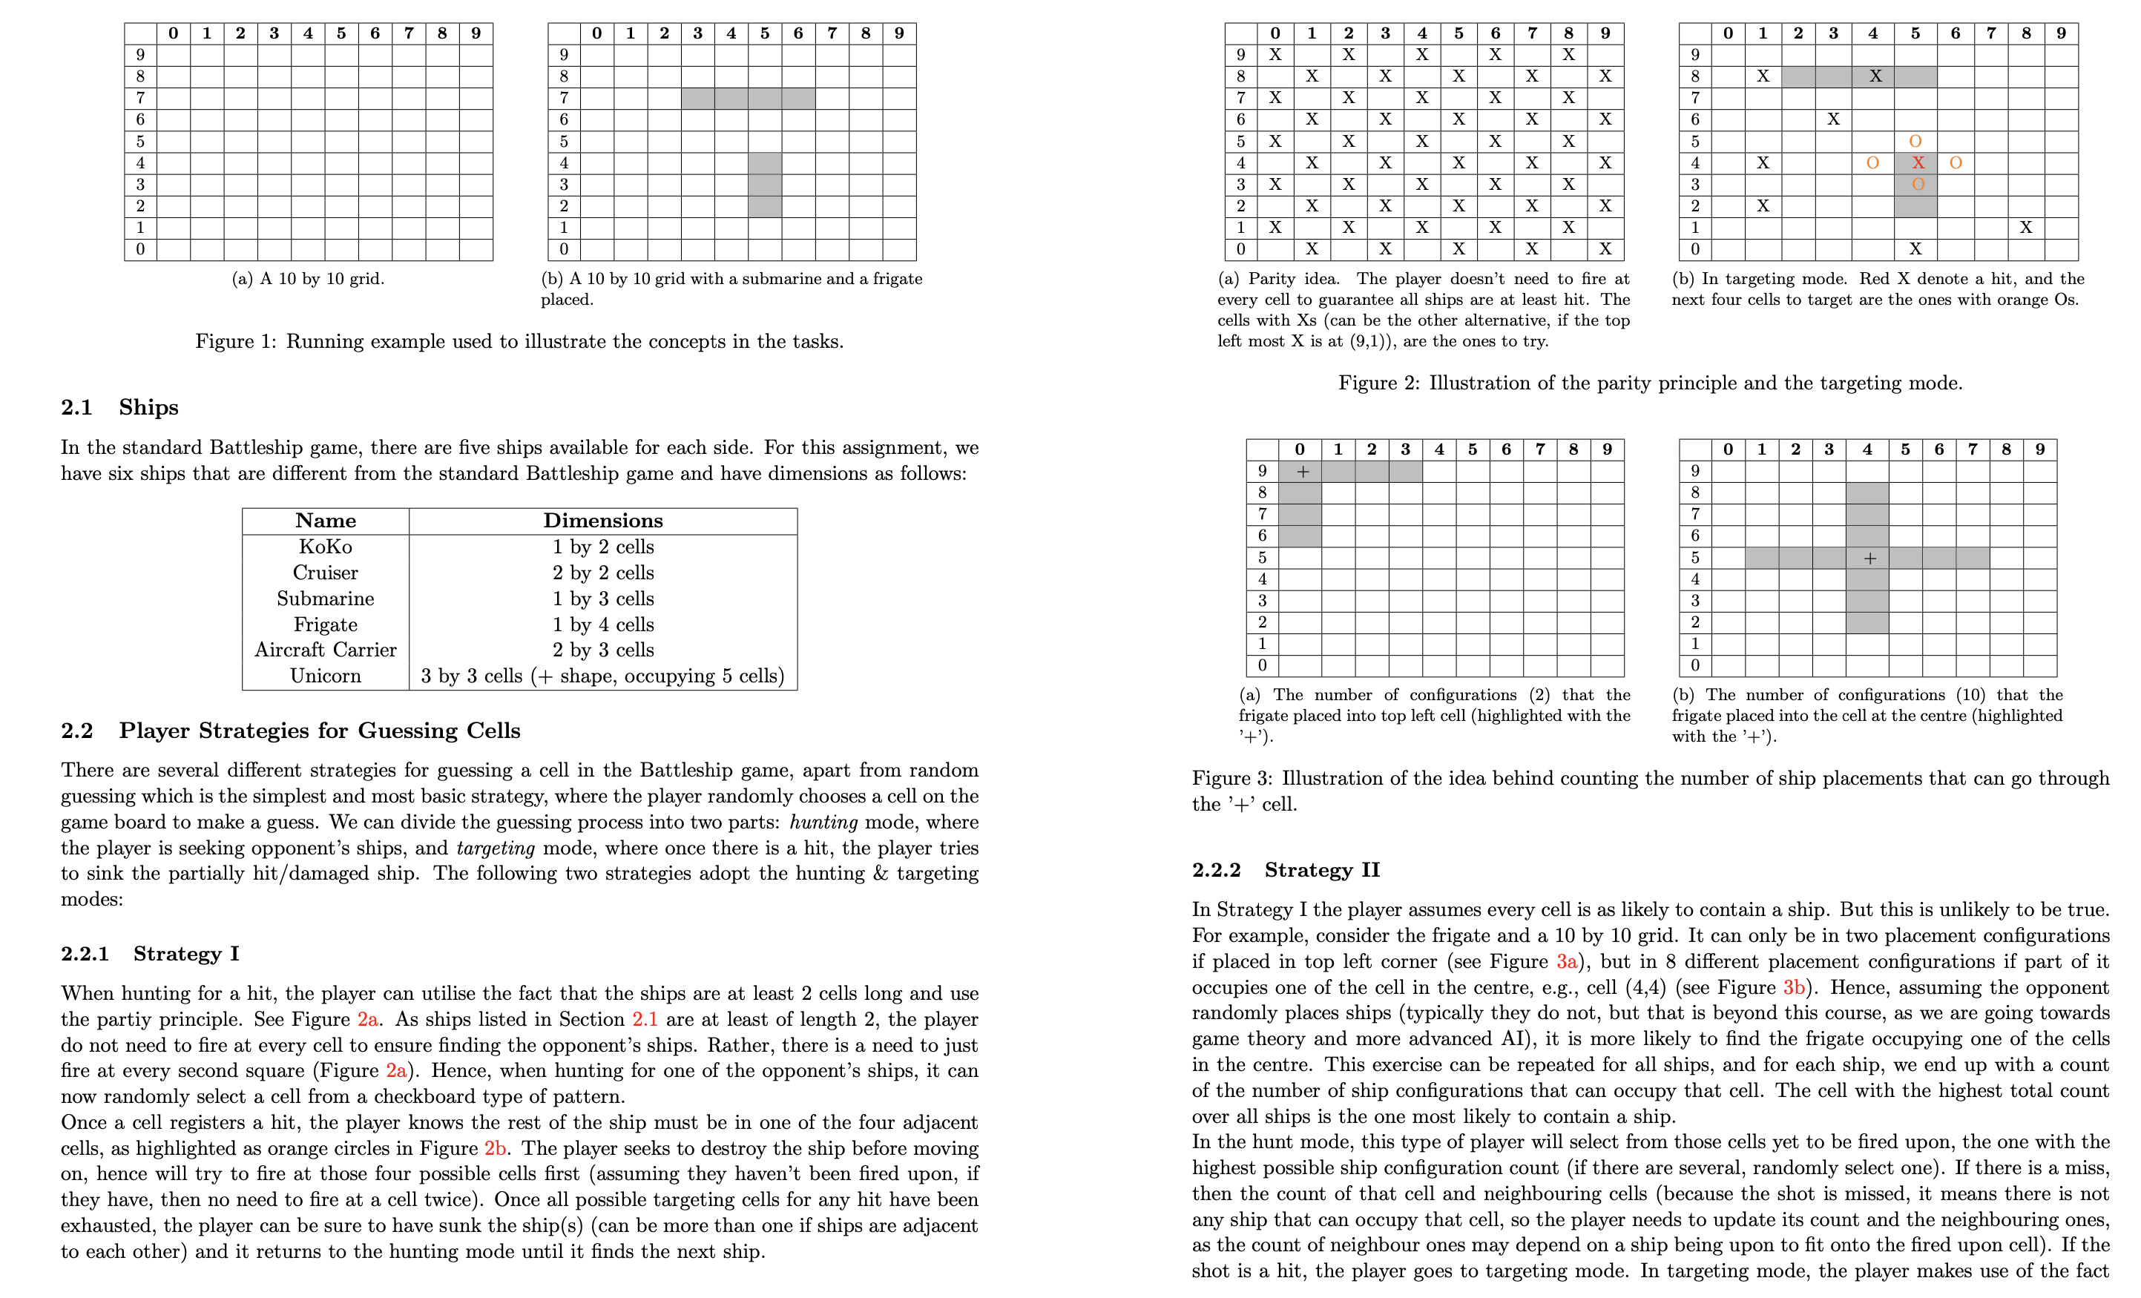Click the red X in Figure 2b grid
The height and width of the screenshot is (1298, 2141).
pyautogui.click(x=1918, y=162)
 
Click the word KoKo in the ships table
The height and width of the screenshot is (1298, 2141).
pyautogui.click(x=325, y=547)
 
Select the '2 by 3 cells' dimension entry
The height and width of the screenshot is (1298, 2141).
pyautogui.click(x=603, y=650)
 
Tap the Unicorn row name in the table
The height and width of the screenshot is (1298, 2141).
pyautogui.click(x=325, y=676)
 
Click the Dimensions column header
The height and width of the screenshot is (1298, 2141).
pyautogui.click(x=603, y=521)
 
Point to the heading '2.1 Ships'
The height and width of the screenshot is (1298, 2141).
pyautogui.click(x=120, y=406)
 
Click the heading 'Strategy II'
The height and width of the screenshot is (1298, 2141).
pyautogui.click(x=1321, y=870)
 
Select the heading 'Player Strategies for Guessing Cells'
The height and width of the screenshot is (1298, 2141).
pyautogui.click(x=320, y=730)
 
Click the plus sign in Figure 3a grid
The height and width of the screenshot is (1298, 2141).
pyautogui.click(x=1302, y=472)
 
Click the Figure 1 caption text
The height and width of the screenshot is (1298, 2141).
pyautogui.click(x=519, y=341)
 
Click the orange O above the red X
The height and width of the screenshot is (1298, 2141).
pyautogui.click(x=1915, y=141)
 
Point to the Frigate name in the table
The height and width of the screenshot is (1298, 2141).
pyautogui.click(x=325, y=625)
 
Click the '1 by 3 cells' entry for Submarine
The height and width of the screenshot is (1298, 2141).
pyautogui.click(x=603, y=599)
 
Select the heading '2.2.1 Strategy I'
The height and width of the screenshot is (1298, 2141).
pyautogui.click(x=149, y=953)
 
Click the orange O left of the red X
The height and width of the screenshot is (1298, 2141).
pyautogui.click(x=1872, y=162)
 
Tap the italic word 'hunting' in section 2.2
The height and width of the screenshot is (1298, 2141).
pyautogui.click(x=823, y=822)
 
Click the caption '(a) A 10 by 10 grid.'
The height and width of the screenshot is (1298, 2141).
pyautogui.click(x=308, y=279)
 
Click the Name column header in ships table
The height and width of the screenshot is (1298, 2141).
pyautogui.click(x=325, y=521)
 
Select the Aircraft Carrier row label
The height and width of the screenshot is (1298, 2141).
pyautogui.click(x=325, y=650)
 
